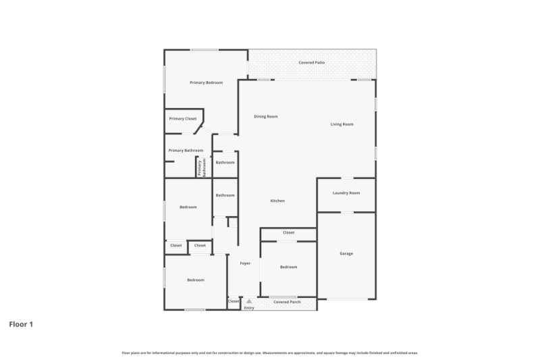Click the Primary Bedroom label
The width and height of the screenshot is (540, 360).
coord(206,82)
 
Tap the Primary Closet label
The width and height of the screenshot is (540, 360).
coord(183,119)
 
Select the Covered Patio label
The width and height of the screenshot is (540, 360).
coord(312,63)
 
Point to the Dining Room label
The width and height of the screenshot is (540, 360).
coord(266,117)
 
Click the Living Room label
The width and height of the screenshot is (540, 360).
coord(342,124)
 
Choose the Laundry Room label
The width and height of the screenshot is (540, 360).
coord(346,193)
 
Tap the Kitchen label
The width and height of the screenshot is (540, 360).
coord(277,201)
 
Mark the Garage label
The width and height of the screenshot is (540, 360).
coord(346,254)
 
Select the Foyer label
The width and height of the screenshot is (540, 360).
coord(245,263)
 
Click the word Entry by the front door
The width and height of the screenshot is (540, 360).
coord(249,308)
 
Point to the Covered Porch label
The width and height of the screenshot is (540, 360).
coord(287,302)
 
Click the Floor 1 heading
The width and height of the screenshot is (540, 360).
coord(21,324)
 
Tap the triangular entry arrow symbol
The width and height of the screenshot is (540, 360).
coord(249,301)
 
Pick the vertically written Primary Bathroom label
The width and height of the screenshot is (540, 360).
coord(200,168)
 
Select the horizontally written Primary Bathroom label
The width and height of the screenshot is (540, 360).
coord(186,151)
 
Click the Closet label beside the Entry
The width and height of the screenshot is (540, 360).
coord(234,301)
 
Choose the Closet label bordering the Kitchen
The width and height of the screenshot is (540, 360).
coord(288,232)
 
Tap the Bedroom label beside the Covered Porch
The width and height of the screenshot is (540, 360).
coord(288,267)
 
